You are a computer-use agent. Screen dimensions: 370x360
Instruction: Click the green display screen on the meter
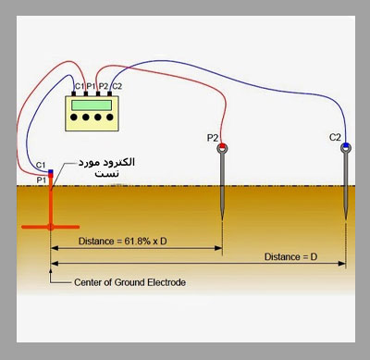click(x=92, y=106)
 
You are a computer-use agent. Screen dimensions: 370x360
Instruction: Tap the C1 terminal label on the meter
click(x=80, y=86)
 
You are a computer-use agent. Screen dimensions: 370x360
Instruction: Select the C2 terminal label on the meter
click(x=117, y=86)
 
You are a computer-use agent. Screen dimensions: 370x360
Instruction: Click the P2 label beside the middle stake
click(x=213, y=138)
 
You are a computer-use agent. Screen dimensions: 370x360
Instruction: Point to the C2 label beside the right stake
click(x=335, y=137)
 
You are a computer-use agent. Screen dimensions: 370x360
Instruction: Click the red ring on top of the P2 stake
click(x=222, y=147)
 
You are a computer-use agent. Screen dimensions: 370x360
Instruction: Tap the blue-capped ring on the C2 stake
click(x=346, y=147)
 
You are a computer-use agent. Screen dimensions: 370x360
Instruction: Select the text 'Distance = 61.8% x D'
click(x=123, y=241)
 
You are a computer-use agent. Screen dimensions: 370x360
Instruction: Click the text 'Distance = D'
click(x=290, y=256)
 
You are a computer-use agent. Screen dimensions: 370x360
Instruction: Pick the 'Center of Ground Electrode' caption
click(x=129, y=282)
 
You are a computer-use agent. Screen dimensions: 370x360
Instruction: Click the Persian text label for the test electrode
click(x=106, y=168)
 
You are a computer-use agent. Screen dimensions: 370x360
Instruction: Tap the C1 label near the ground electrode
click(x=41, y=165)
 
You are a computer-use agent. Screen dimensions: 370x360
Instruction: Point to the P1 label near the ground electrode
click(x=42, y=180)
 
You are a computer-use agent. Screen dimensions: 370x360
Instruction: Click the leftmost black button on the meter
click(x=74, y=118)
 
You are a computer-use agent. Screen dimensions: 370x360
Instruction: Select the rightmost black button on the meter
click(x=110, y=118)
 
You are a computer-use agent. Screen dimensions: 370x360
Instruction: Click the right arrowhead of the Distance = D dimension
click(x=342, y=264)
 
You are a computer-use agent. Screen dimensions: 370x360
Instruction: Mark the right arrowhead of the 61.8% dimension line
click(x=218, y=248)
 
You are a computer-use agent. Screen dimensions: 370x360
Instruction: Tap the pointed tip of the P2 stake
click(x=222, y=219)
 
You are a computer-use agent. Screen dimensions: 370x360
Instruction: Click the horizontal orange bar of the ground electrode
click(x=51, y=227)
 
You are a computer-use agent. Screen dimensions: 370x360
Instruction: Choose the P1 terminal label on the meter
click(x=91, y=86)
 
